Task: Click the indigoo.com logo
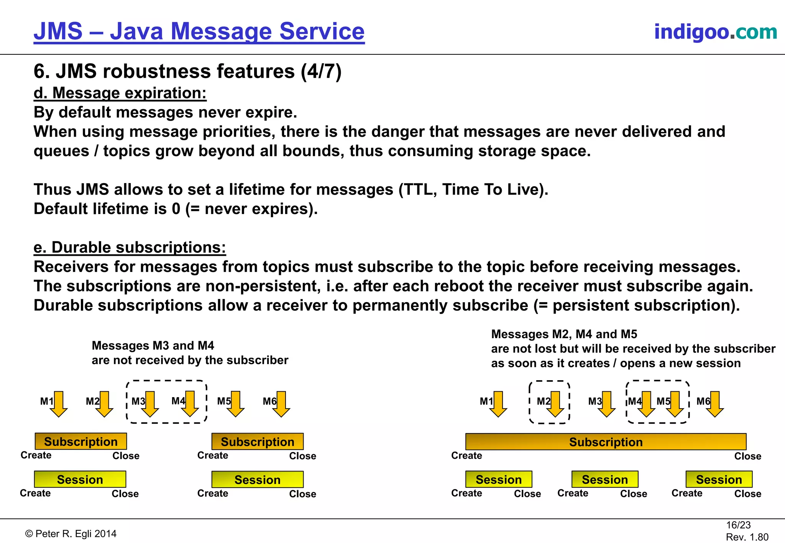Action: (715, 31)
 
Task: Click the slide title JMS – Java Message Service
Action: (199, 31)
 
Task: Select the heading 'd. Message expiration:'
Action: (120, 93)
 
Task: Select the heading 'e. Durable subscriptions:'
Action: (130, 247)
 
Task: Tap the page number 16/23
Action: (738, 525)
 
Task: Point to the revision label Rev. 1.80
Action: (747, 537)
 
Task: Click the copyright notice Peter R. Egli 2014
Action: (71, 534)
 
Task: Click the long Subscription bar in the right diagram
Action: (606, 442)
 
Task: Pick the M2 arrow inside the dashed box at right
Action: (555, 404)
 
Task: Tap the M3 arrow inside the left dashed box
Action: (149, 404)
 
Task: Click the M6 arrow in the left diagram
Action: (281, 404)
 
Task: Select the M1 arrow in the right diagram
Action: (498, 404)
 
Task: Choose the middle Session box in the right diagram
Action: (605, 479)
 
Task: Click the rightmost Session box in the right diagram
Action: (719, 479)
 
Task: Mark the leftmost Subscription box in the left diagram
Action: (80, 442)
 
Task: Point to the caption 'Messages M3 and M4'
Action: (153, 345)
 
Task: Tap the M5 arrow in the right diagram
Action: (675, 404)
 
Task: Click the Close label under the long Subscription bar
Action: (747, 456)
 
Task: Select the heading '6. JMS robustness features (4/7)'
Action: (187, 71)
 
